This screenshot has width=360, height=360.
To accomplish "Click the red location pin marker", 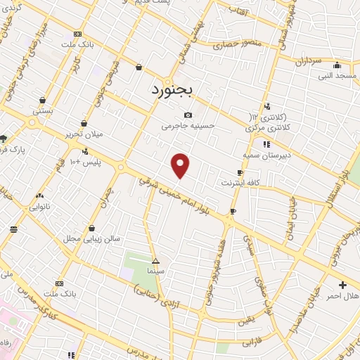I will click(x=181, y=165).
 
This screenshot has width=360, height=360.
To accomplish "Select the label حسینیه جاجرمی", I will click(x=187, y=127).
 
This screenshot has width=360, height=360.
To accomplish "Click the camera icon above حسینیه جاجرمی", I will click(x=187, y=115).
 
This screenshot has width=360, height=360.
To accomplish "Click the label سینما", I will click(x=155, y=270).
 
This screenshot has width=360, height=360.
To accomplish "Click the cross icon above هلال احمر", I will click(x=342, y=284).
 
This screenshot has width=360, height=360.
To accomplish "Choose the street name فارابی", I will click(x=252, y=344).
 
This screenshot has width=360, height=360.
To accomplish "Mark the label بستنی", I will click(x=43, y=110).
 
